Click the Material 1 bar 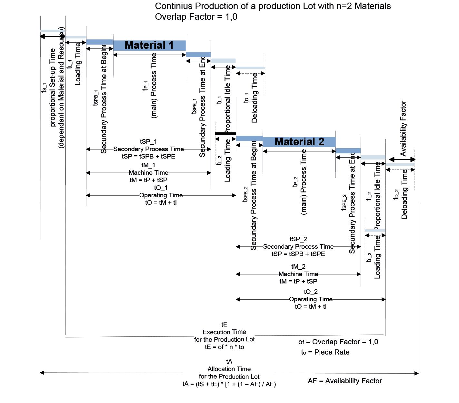(149, 45)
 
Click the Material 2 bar (299, 142)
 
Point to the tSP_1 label (148, 141)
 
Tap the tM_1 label (148, 165)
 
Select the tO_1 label (161, 188)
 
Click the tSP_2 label (298, 239)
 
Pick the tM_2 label (298, 266)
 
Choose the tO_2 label (311, 292)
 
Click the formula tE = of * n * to (225, 347)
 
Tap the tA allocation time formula (229, 384)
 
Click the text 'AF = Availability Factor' (345, 381)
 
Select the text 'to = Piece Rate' (325, 352)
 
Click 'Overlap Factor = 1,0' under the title (196, 17)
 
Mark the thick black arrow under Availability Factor (402, 159)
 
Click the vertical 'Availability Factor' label (403, 128)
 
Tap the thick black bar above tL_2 (225, 133)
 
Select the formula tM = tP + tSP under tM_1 (148, 180)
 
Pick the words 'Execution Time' (224, 332)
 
